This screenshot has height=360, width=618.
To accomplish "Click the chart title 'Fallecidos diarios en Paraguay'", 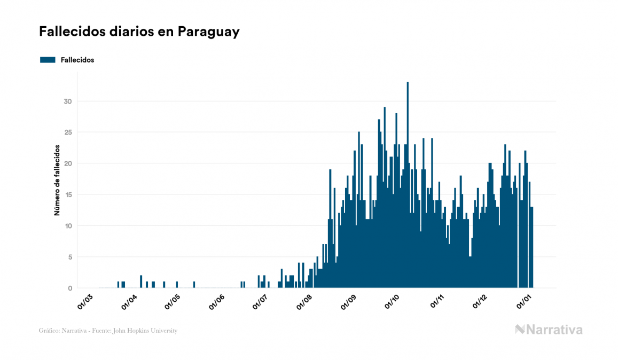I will coord(139,32).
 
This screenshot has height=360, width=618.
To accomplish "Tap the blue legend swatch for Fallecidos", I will coord(48,60).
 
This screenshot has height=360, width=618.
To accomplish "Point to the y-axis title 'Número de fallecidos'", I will coord(57,180).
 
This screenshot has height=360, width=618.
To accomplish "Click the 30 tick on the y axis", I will coord(67,101).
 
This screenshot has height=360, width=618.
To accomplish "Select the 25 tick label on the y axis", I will coord(67,132).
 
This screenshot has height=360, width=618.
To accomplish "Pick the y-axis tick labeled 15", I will coord(67,195).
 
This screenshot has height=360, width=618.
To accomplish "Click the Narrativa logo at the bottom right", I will coord(549,330).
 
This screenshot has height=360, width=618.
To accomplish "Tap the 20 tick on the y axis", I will coord(67,163).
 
